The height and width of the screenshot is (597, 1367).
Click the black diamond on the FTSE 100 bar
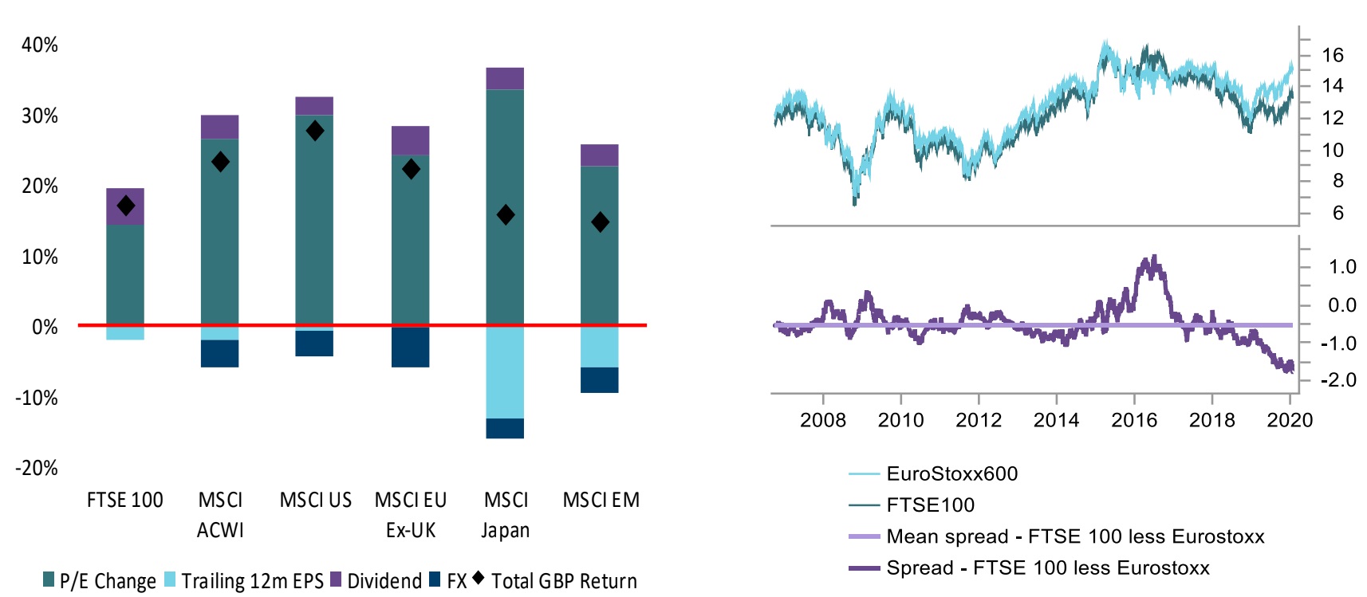pyautogui.click(x=125, y=206)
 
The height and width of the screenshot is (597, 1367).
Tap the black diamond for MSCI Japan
pyautogui.click(x=505, y=214)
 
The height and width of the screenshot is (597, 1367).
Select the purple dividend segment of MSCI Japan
pyautogui.click(x=505, y=78)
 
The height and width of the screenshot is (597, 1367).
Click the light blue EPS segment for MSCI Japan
pyautogui.click(x=505, y=372)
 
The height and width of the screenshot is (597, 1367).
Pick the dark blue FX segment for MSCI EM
pyautogui.click(x=599, y=379)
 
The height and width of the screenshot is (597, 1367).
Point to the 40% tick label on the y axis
pyautogui.click(x=40, y=45)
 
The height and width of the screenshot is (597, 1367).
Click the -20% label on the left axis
pyautogui.click(x=37, y=468)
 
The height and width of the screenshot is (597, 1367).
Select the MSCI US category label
pyautogui.click(x=315, y=501)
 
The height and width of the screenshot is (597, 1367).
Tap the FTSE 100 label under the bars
pyautogui.click(x=124, y=501)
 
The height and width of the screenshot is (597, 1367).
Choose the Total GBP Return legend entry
pyautogui.click(x=563, y=581)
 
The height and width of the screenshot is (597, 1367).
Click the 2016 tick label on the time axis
pyautogui.click(x=1133, y=420)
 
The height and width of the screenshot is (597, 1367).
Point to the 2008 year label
pyautogui.click(x=822, y=420)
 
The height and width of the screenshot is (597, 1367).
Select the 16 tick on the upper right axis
pyautogui.click(x=1332, y=55)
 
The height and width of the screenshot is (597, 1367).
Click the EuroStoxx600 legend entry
pyautogui.click(x=951, y=473)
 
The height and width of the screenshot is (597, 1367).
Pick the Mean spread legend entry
pyautogui.click(x=1074, y=536)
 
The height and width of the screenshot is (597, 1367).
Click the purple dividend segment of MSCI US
pyautogui.click(x=314, y=106)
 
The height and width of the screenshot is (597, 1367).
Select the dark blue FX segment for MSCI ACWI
pyautogui.click(x=219, y=353)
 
